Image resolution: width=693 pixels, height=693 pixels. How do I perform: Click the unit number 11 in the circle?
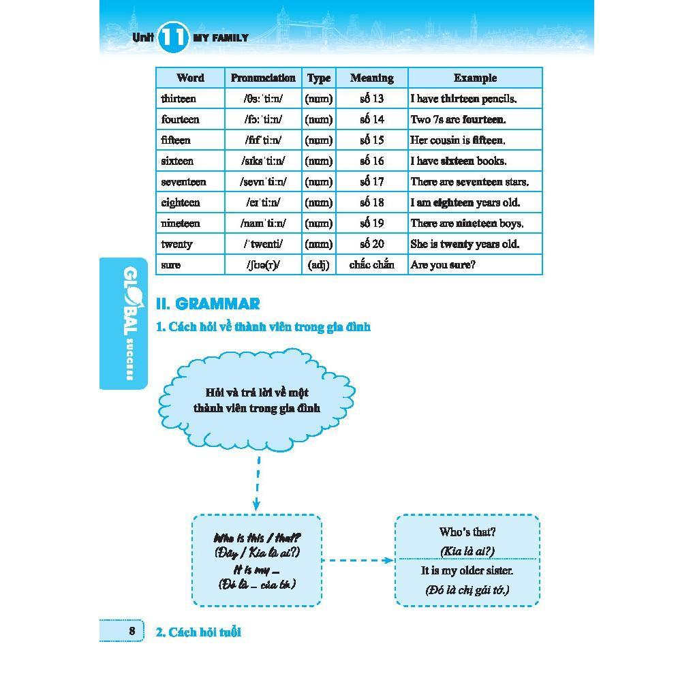173,37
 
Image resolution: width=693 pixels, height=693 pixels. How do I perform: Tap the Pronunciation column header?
263,78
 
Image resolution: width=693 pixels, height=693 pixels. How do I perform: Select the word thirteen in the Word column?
179,99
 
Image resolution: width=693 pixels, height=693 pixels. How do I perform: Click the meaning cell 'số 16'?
372,161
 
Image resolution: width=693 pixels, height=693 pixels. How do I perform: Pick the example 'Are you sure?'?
443,265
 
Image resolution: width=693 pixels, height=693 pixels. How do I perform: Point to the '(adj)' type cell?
318,265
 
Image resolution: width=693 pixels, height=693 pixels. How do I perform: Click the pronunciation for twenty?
263,244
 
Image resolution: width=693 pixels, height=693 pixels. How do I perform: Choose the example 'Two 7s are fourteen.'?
458,119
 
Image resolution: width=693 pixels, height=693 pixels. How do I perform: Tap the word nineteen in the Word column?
181,224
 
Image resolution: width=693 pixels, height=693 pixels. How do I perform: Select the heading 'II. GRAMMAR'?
208,304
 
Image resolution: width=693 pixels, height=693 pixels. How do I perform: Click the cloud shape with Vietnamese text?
257,401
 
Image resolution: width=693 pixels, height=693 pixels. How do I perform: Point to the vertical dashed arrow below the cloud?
258,483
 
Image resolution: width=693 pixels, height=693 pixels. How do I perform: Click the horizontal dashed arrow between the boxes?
358,561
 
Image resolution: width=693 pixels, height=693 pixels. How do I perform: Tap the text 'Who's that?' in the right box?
467,532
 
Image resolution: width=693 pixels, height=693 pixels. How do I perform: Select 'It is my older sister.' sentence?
467,571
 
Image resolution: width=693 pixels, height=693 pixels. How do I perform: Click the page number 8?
132,631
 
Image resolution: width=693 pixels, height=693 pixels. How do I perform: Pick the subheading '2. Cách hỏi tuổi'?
199,632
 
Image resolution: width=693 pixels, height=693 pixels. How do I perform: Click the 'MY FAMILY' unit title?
221,38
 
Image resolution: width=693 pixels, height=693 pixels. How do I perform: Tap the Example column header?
475,78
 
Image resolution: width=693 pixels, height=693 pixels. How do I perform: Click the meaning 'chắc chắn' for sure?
372,265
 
